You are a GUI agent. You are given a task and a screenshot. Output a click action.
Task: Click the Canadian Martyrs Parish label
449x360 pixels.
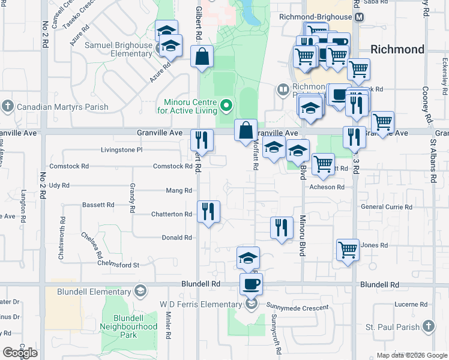62,107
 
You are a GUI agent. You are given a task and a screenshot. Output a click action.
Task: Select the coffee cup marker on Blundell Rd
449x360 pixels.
251,283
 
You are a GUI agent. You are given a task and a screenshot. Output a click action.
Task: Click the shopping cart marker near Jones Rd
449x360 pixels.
348,250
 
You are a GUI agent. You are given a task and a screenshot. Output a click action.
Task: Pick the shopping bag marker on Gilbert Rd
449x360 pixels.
203,57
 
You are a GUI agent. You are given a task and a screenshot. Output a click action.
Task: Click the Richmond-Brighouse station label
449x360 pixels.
316,17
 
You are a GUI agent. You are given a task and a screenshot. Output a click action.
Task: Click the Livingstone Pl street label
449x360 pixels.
121,149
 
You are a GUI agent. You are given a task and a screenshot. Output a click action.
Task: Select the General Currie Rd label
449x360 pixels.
387,207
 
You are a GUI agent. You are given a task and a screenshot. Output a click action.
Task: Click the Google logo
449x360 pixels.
20,353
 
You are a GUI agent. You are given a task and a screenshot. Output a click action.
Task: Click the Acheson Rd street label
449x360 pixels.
327,187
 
